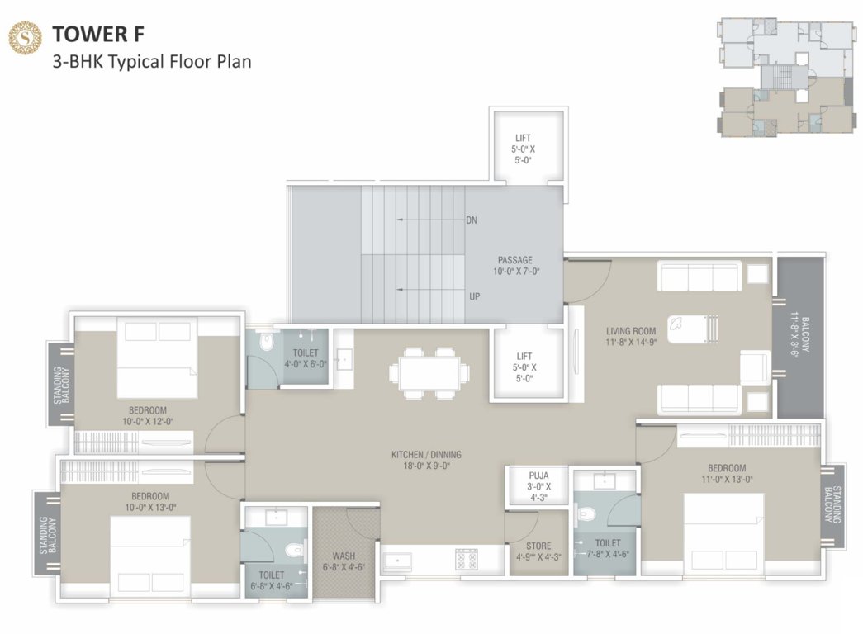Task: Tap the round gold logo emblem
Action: pyautogui.click(x=25, y=37)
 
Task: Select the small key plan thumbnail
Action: pyautogui.click(x=784, y=77)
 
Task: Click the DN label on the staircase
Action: pyautogui.click(x=472, y=220)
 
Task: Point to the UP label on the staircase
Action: pyautogui.click(x=474, y=296)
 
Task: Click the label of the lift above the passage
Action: pyautogui.click(x=523, y=149)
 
